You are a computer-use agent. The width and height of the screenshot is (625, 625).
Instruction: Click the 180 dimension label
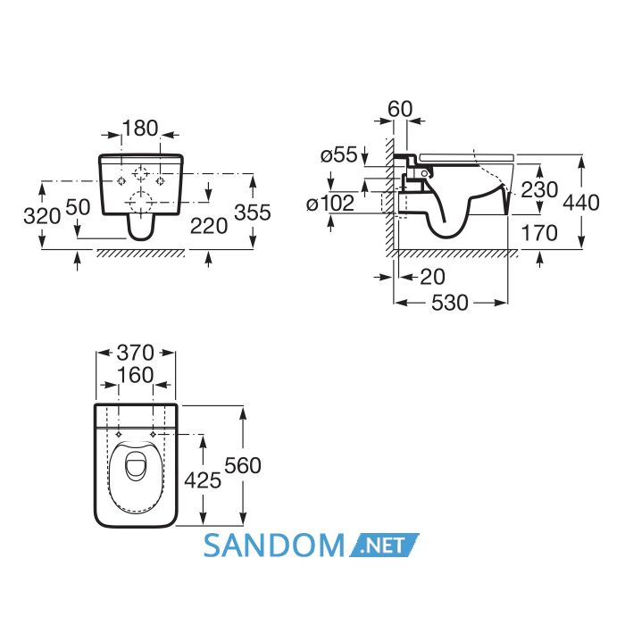click(x=140, y=129)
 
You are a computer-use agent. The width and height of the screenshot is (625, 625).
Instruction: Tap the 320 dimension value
click(x=42, y=216)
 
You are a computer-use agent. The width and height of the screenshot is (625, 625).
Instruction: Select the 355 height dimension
click(x=253, y=212)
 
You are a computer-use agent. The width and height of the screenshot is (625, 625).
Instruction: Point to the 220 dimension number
click(x=209, y=227)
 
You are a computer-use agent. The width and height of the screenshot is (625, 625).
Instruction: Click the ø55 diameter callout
click(x=339, y=154)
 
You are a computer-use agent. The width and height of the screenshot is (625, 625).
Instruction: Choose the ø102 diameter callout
click(x=330, y=204)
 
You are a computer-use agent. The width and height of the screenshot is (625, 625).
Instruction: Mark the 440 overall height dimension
click(x=581, y=203)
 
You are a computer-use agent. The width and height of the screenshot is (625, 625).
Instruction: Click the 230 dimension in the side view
click(x=539, y=189)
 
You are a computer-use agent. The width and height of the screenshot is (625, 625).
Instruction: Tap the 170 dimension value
click(x=539, y=233)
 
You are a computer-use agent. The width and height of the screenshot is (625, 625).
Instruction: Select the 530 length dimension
click(x=450, y=303)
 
